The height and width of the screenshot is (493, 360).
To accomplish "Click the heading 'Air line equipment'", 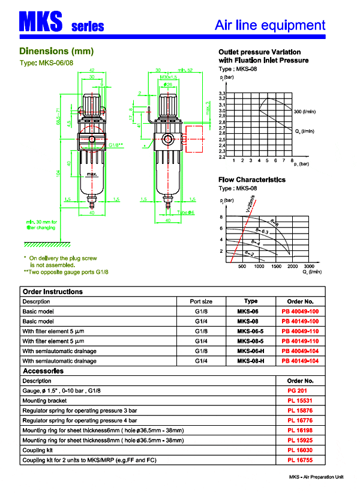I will point(270,25).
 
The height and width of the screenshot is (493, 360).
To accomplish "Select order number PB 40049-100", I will point(300,312).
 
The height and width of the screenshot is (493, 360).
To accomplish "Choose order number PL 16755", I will point(300,459).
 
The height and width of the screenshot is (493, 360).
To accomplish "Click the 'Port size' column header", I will point(201,301).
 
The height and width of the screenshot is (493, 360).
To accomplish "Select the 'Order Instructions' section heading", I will point(52,291).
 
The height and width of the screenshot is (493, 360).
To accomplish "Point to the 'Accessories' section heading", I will point(43,371).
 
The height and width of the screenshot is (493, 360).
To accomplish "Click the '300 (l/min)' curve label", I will point(305,112).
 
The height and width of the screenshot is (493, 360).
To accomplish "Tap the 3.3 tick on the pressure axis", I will point(221,94).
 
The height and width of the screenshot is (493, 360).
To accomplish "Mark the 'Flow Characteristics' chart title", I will point(252,180).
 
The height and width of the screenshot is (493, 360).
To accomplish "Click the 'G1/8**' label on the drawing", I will point(115,145).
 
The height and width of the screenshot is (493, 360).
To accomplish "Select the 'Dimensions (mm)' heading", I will point(56,52).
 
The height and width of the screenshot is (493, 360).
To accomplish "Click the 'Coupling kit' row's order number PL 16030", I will point(300,450).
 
